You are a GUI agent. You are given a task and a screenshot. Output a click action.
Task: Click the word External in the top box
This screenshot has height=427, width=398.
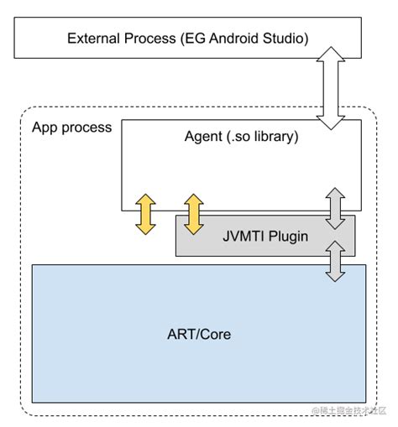click(x=92, y=39)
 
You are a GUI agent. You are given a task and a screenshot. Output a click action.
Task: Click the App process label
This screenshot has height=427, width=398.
click(x=71, y=128)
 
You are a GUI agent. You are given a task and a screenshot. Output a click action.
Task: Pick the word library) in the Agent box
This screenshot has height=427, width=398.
click(x=276, y=136)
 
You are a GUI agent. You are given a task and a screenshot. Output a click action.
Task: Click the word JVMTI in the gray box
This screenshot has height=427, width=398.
click(x=244, y=236)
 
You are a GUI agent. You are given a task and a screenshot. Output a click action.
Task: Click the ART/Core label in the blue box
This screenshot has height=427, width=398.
click(x=198, y=334)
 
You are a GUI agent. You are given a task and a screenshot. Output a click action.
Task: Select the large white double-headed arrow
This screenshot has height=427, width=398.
click(x=333, y=88)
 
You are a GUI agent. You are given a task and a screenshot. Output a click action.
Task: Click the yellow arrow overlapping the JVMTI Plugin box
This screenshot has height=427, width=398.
click(x=194, y=214)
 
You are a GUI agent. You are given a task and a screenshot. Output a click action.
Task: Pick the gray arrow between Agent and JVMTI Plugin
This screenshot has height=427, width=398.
click(x=335, y=207)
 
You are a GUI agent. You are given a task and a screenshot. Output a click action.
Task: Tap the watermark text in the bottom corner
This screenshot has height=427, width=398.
click(x=351, y=410)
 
